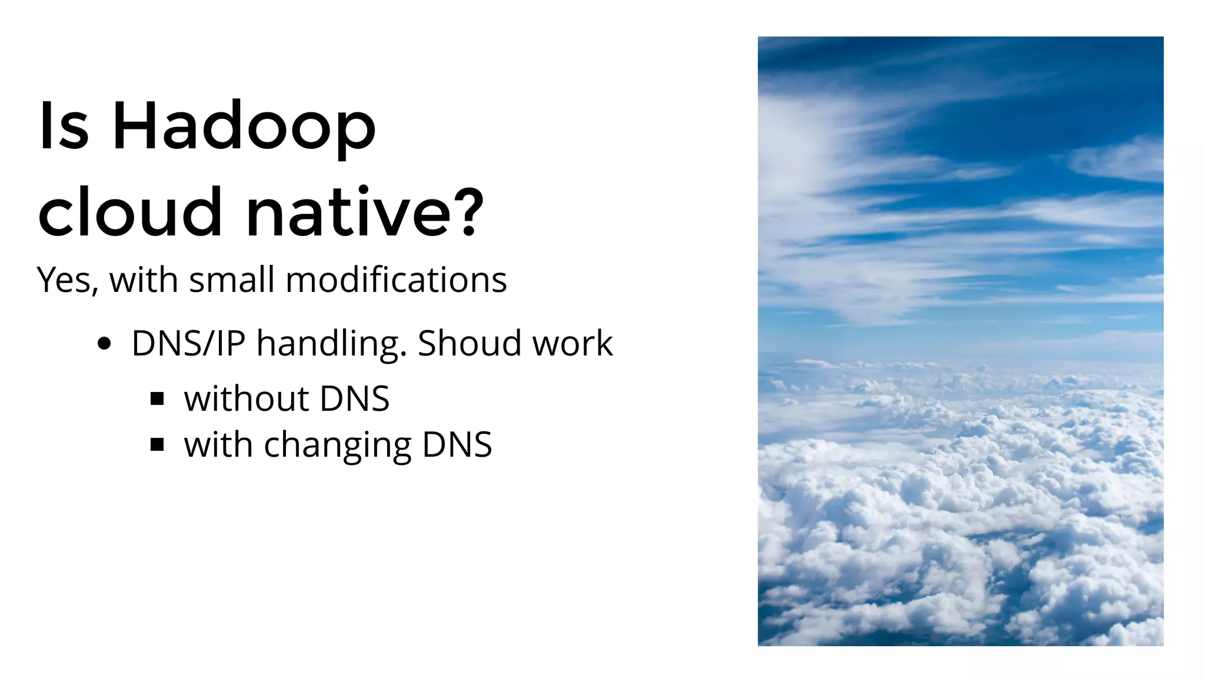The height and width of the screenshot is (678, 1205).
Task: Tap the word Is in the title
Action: (64, 125)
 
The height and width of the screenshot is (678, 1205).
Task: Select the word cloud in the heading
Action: (129, 212)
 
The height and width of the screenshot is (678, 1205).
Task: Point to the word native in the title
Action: (350, 212)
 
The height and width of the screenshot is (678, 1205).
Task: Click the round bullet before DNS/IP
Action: (104, 344)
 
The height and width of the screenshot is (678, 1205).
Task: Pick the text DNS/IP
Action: (188, 343)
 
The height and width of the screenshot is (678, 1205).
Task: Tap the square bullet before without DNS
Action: (157, 400)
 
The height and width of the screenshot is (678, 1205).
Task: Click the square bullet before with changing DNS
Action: (157, 445)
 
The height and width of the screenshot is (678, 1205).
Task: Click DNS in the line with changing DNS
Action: (457, 444)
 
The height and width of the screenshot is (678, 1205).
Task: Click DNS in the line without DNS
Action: (354, 398)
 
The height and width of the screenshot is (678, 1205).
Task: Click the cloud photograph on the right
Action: (960, 341)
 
